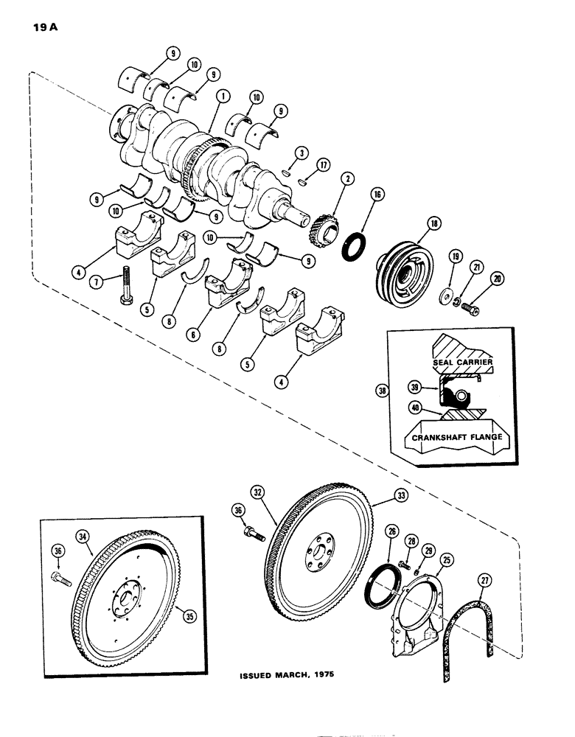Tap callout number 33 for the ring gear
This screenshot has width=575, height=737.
click(380, 499)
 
